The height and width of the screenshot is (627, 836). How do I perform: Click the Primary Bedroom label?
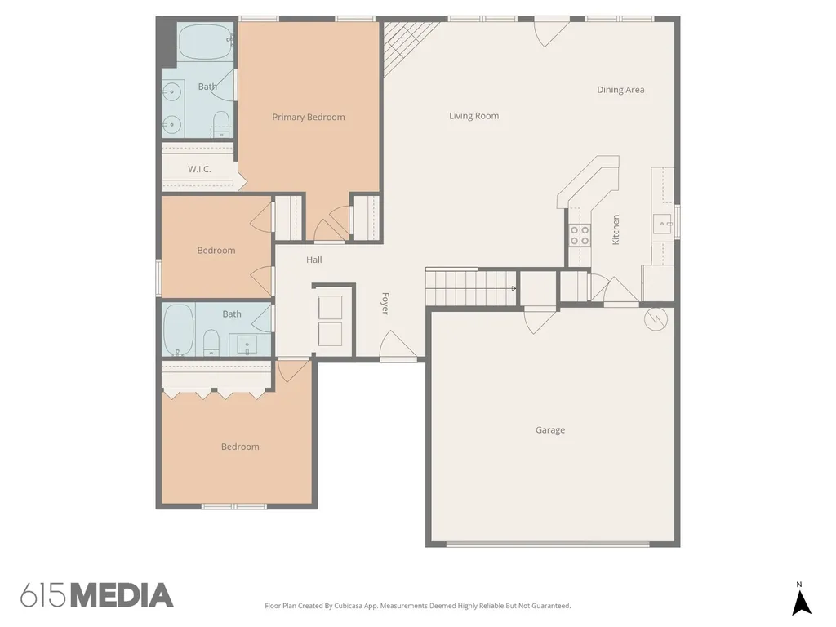tap(308, 118)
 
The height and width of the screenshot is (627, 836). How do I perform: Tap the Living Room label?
tap(474, 116)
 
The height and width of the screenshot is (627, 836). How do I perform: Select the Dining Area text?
tap(620, 90)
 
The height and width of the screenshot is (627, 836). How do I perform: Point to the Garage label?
tap(549, 429)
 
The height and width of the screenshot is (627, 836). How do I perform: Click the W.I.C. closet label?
tap(199, 169)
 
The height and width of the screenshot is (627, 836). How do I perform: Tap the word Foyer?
tap(385, 303)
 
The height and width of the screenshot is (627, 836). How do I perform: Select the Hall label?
tap(313, 260)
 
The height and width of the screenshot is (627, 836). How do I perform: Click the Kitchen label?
tap(616, 229)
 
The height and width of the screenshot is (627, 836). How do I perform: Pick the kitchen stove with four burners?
tap(580, 235)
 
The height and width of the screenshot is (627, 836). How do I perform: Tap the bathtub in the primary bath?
tap(205, 42)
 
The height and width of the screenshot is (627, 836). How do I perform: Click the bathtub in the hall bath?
tap(178, 330)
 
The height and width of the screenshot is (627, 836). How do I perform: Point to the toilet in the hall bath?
tap(211, 342)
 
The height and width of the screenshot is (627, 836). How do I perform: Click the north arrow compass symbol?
tap(801, 599)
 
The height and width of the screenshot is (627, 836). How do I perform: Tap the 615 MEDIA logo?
tap(97, 595)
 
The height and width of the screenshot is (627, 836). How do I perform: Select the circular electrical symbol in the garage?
tap(656, 319)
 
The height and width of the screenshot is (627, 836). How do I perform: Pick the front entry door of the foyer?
tap(398, 346)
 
